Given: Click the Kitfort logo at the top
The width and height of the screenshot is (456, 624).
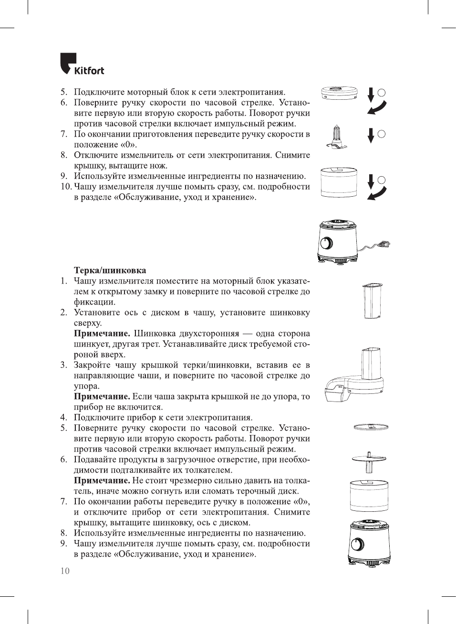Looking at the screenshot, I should (82, 64).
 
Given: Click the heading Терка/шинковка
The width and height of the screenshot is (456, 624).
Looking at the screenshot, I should (110, 271).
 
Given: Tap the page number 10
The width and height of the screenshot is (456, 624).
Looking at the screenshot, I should (65, 571).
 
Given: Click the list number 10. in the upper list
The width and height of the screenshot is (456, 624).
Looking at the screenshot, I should (66, 187).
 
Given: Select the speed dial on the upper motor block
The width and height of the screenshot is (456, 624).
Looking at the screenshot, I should (326, 243).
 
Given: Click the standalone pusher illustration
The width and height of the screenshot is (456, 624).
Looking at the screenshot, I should (373, 301).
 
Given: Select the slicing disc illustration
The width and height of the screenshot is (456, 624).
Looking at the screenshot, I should (371, 427).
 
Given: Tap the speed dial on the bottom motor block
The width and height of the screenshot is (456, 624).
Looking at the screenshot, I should (357, 544).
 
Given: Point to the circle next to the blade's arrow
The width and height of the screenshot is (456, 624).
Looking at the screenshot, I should (381, 134).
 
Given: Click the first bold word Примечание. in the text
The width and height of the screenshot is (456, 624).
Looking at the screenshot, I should (102, 334).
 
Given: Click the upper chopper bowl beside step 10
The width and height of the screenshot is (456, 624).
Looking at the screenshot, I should (339, 182).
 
